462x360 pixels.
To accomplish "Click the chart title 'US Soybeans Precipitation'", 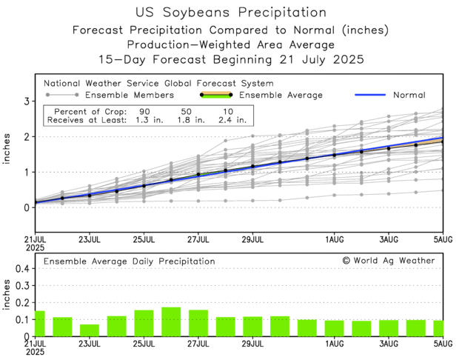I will click(230, 13).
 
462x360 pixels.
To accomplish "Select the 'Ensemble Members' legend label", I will click(130, 95).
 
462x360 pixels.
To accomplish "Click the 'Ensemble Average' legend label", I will click(282, 95).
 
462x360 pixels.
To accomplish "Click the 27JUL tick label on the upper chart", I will click(198, 240).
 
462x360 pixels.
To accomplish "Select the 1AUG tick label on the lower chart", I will click(334, 344).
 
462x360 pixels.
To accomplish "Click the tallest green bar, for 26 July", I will click(171, 321).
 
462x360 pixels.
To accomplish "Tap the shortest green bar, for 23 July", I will click(90, 330).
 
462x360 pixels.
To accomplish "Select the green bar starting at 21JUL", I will click(40, 324).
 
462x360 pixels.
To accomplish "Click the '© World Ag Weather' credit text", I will click(389, 261).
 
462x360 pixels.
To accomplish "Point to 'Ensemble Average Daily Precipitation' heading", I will click(129, 261).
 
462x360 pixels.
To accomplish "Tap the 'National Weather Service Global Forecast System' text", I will click(158, 84).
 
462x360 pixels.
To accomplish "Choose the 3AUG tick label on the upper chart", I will click(389, 240).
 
